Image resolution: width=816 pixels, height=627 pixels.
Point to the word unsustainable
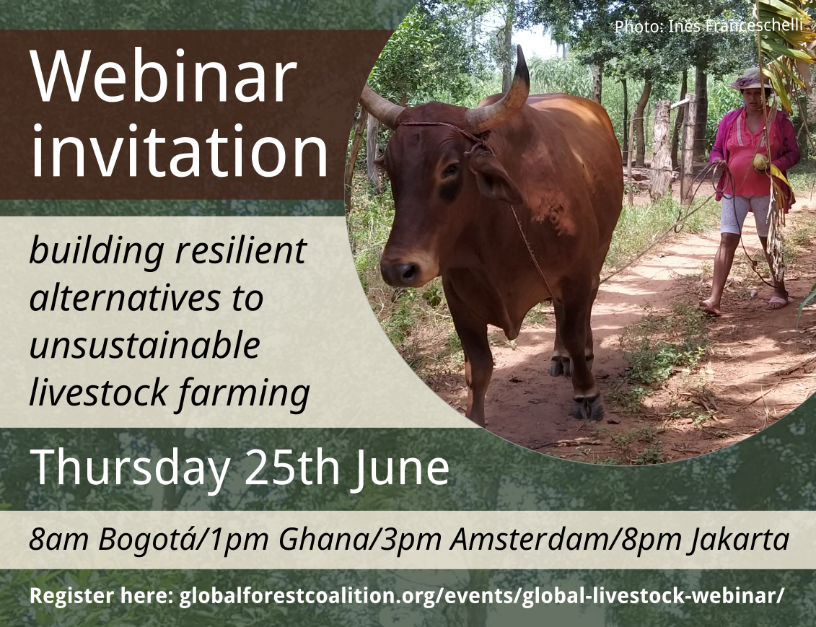(x=144, y=346)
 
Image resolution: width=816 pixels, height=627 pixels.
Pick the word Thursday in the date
(x=129, y=468)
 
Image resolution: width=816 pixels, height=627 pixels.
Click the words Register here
(x=100, y=597)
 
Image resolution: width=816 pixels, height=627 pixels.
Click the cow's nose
(x=399, y=272)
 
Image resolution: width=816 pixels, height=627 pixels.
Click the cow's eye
(x=450, y=170)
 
